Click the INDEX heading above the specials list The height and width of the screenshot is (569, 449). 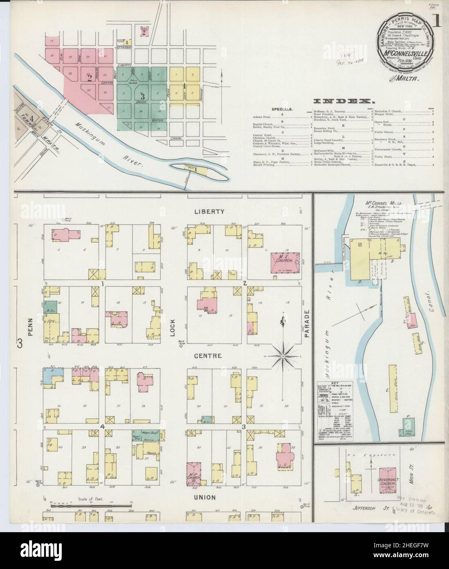pos(344,101)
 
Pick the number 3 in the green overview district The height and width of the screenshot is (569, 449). pos(142,97)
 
